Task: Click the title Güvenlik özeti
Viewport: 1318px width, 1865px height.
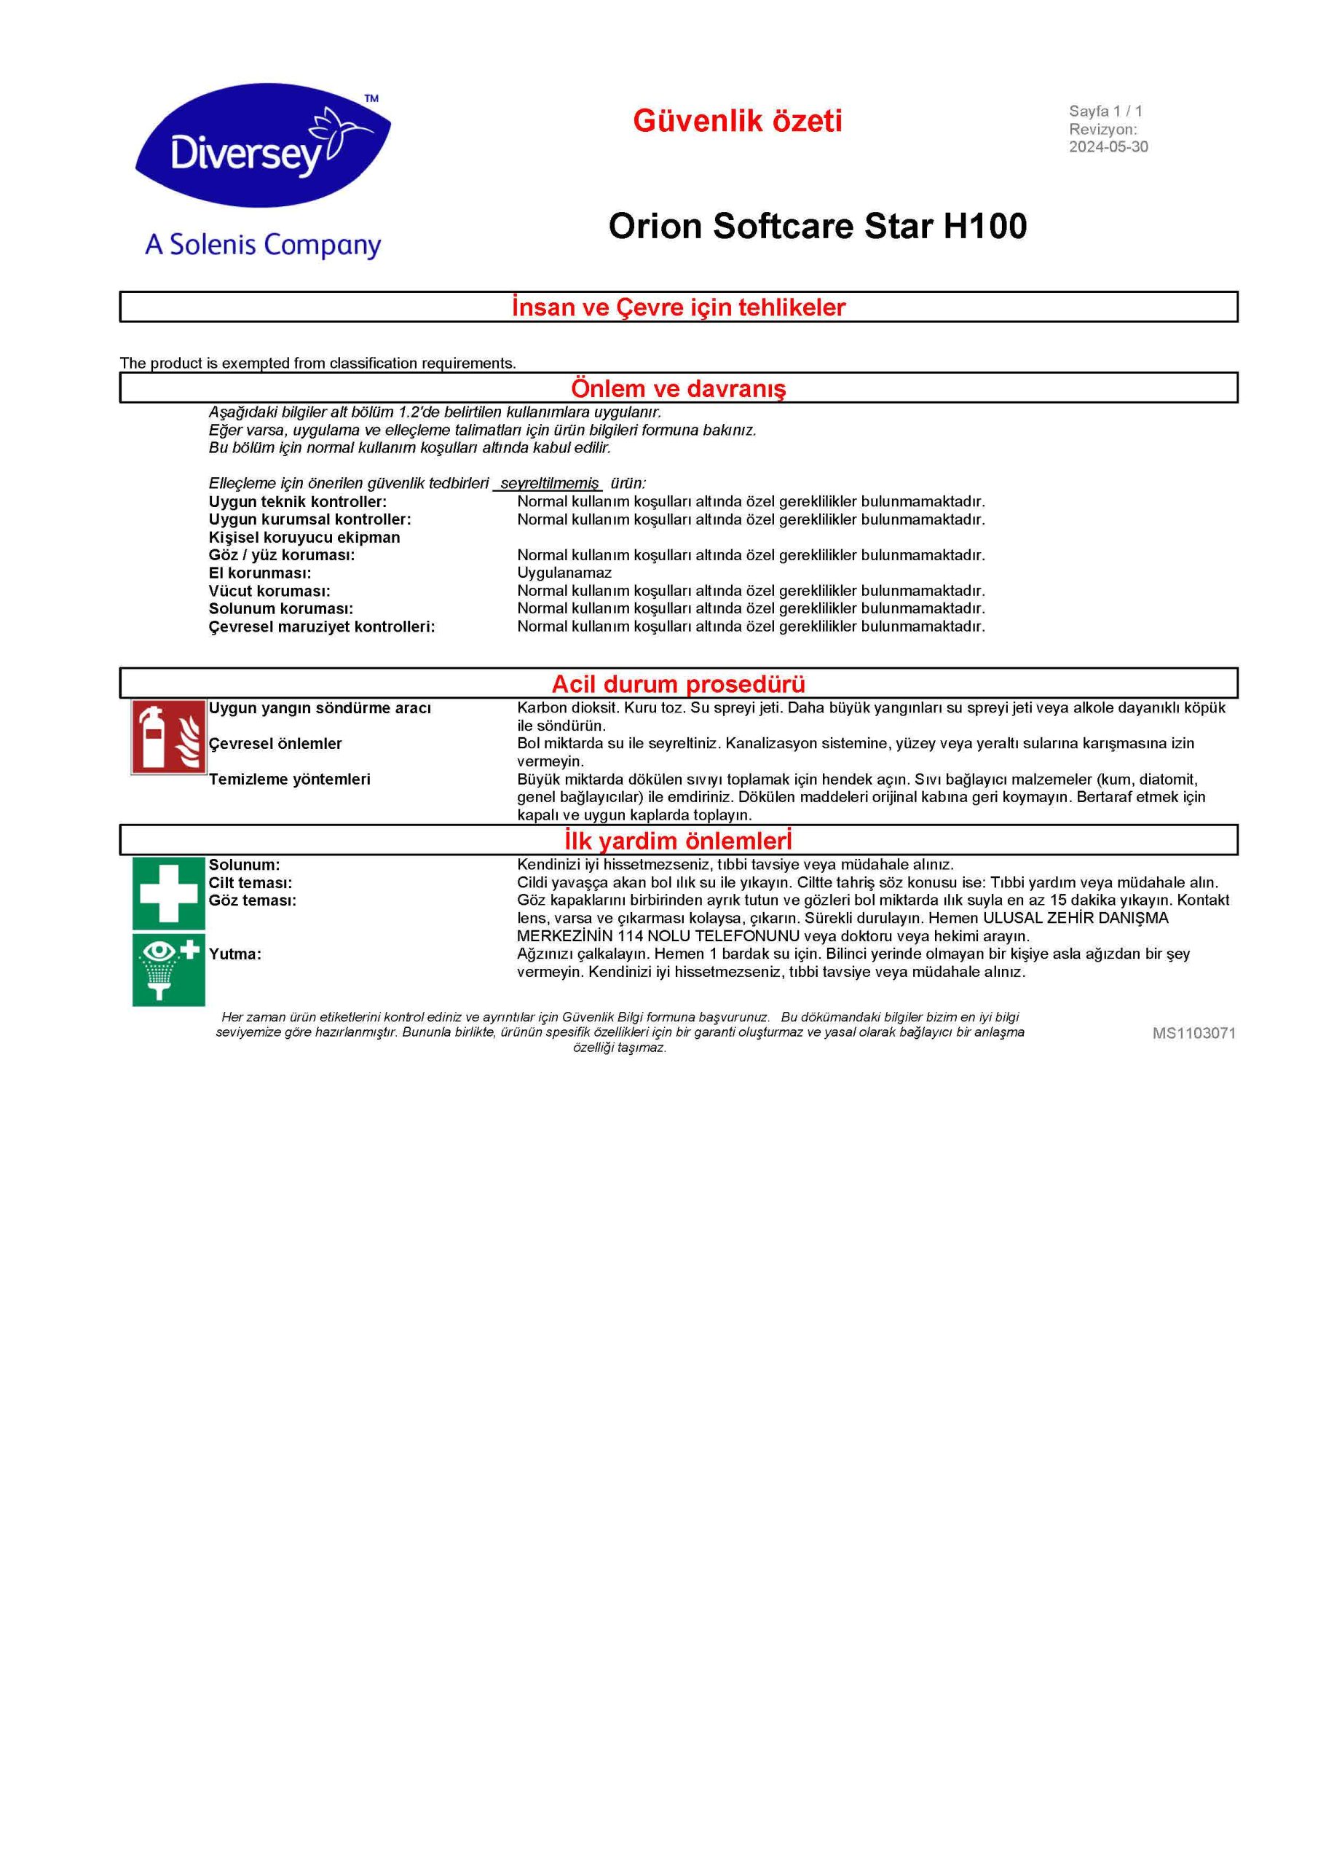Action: coord(738,121)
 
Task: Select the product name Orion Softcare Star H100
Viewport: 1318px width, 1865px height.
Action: coord(817,226)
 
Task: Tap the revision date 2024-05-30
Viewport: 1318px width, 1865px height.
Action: coord(1108,147)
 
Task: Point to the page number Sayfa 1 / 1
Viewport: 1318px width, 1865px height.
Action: coord(1105,111)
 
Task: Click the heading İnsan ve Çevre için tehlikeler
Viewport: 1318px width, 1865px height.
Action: coord(678,307)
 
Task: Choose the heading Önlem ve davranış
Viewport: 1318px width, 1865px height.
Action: coord(678,388)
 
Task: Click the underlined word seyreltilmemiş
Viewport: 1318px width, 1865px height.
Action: coord(549,483)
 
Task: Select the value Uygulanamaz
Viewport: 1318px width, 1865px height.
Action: coord(564,573)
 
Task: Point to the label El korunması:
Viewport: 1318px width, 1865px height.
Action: coord(259,573)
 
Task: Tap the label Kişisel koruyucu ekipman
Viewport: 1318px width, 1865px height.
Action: coord(304,537)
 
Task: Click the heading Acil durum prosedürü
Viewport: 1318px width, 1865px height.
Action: coord(678,683)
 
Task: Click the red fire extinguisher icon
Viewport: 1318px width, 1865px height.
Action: coord(169,737)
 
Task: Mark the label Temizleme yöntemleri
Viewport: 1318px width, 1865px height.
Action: coord(289,779)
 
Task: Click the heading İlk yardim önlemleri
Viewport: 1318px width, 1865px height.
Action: coord(678,840)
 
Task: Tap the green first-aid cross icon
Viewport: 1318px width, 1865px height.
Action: coord(169,892)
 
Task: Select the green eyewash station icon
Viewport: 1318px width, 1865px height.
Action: coord(169,969)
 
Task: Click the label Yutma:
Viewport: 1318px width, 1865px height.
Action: coord(234,954)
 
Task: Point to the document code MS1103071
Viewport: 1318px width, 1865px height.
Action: coord(1193,1032)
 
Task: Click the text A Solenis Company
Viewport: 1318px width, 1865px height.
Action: coord(262,245)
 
